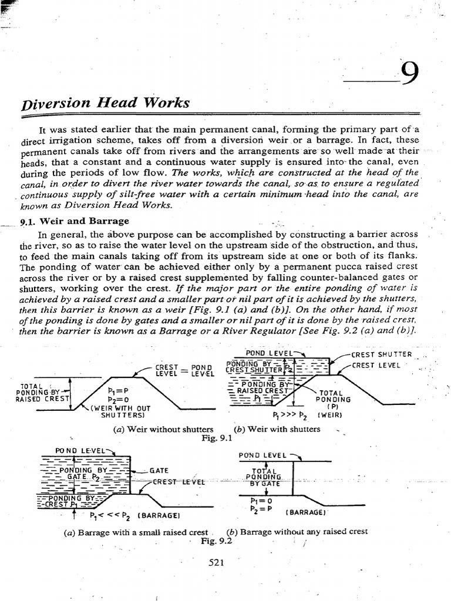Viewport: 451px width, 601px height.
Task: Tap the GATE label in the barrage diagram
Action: [159, 470]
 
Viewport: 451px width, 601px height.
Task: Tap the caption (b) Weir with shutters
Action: [277, 429]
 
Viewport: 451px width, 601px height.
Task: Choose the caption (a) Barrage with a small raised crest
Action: [136, 532]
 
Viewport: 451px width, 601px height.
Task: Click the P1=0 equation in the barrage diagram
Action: [258, 501]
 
